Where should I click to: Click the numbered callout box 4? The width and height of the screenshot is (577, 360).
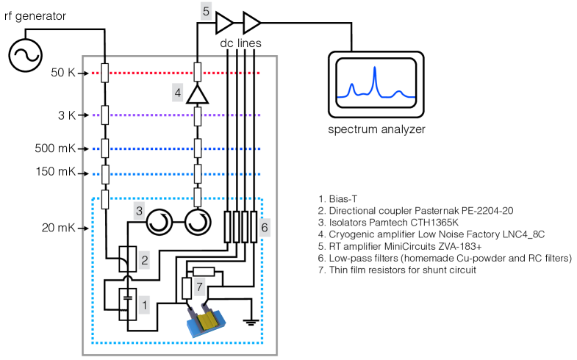click(177, 93)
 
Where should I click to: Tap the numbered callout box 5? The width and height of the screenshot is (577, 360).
click(207, 11)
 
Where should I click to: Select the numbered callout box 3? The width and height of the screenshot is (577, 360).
click(139, 211)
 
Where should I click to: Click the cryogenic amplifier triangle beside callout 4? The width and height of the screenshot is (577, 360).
click(196, 93)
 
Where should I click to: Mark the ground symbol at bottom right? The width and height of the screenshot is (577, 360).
click(254, 320)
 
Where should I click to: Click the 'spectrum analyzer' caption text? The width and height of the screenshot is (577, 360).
click(377, 130)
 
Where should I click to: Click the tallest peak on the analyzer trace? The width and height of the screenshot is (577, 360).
click(375, 71)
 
